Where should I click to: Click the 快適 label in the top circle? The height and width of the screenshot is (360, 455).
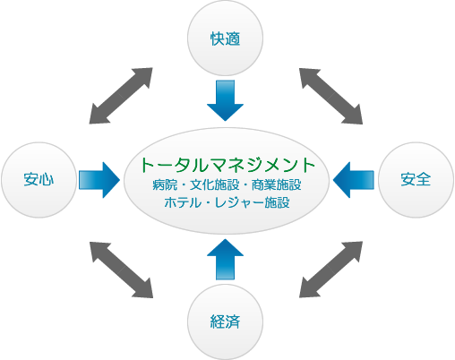(225, 39)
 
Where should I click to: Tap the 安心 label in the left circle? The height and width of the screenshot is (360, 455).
(39, 180)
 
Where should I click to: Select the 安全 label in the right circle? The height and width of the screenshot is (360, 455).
(416, 180)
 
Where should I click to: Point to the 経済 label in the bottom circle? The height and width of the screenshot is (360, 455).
(225, 321)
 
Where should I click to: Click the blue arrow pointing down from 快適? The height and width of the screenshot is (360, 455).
(225, 100)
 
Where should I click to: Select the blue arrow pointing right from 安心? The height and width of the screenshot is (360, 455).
(99, 180)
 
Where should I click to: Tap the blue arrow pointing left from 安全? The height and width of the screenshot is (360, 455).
(354, 180)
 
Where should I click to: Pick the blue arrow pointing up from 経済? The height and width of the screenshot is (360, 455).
(225, 260)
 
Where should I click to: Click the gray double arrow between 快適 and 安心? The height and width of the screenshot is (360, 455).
(121, 96)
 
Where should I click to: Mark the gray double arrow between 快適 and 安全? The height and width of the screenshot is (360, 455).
(331, 96)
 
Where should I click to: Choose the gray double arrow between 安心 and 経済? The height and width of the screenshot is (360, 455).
(121, 270)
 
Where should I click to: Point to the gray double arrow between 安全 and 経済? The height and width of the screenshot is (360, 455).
(331, 270)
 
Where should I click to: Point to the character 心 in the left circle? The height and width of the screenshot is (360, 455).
(47, 180)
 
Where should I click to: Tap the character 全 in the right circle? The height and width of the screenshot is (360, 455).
(424, 180)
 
